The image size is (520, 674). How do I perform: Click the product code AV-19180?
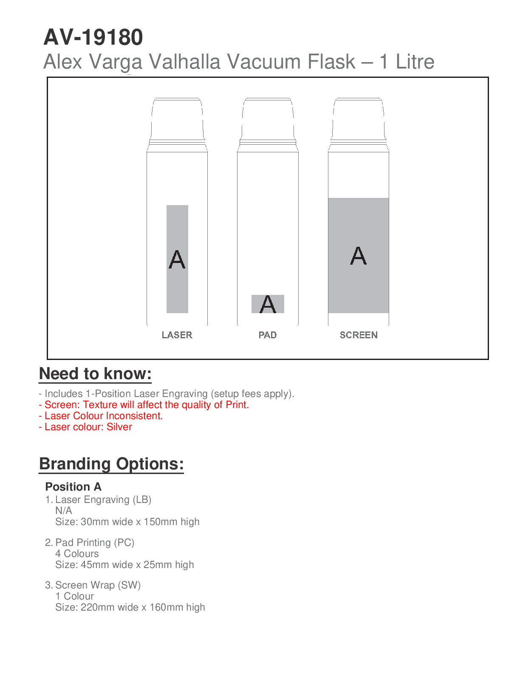pyautogui.click(x=93, y=37)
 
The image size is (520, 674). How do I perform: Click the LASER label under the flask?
pyautogui.click(x=177, y=335)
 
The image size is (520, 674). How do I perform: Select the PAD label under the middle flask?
pyautogui.click(x=268, y=335)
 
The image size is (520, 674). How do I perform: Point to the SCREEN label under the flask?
pyautogui.click(x=359, y=335)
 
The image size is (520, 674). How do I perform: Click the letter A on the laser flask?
pyautogui.click(x=177, y=260)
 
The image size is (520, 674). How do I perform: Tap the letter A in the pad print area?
pyautogui.click(x=268, y=304)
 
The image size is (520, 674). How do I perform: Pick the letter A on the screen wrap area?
pyautogui.click(x=359, y=256)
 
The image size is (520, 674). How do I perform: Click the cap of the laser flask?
pyautogui.click(x=177, y=119)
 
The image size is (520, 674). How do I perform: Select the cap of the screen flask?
pyautogui.click(x=359, y=119)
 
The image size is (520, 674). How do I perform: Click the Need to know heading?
pyautogui.click(x=95, y=374)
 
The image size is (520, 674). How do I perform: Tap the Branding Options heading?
pyautogui.click(x=111, y=464)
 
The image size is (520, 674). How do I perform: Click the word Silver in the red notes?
pyautogui.click(x=119, y=427)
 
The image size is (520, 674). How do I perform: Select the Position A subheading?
pyautogui.click(x=73, y=487)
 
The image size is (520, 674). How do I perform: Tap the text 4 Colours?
pyautogui.click(x=77, y=554)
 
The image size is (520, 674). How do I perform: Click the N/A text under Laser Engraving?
pyautogui.click(x=64, y=511)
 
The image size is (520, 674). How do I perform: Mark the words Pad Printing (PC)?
pyautogui.click(x=95, y=543)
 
